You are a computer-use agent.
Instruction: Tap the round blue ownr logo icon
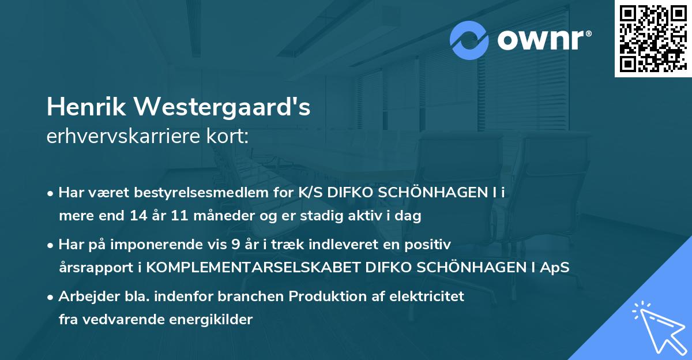[469, 40]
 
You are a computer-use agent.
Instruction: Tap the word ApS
[556, 268]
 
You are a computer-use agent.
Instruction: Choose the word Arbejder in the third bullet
[85, 297]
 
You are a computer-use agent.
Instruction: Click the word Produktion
[325, 297]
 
